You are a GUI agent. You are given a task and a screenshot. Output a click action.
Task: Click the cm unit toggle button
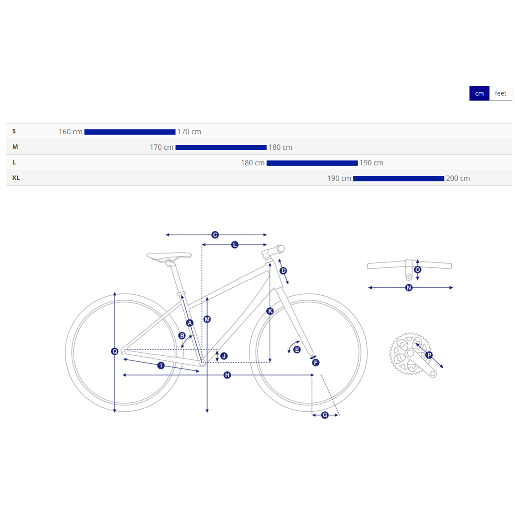pos(479,93)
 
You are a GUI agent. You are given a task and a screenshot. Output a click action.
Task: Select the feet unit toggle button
pos(500,93)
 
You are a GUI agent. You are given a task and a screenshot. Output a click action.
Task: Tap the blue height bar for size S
pos(130,132)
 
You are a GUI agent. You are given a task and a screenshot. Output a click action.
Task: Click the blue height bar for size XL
pos(398,179)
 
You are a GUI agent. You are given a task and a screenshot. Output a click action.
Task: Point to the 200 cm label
pos(458,178)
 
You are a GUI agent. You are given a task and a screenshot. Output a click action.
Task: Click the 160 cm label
pos(70,132)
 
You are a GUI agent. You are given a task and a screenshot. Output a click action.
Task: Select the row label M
pos(15,147)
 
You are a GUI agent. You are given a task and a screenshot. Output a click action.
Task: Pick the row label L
pos(14,162)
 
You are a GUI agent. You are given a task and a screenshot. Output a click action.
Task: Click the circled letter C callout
pos(215,235)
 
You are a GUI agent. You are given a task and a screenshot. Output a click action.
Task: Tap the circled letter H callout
pos(227,375)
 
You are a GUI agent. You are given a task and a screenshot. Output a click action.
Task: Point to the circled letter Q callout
pos(115,351)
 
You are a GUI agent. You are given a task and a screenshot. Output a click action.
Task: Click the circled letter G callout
pos(325,415)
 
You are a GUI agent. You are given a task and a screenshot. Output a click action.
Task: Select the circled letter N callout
pos(409,288)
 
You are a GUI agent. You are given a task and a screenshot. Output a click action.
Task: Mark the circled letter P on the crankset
pos(429,355)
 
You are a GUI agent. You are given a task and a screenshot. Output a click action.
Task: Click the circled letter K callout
pos(270,311)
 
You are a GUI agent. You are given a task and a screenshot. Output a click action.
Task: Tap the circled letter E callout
pos(297,350)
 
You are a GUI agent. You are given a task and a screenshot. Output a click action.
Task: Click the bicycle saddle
pos(169,257)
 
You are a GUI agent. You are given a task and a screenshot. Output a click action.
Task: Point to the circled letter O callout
pos(418,270)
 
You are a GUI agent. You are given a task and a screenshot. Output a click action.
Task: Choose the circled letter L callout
pos(235,245)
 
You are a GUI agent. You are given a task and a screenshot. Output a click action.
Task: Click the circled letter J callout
pos(224,356)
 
